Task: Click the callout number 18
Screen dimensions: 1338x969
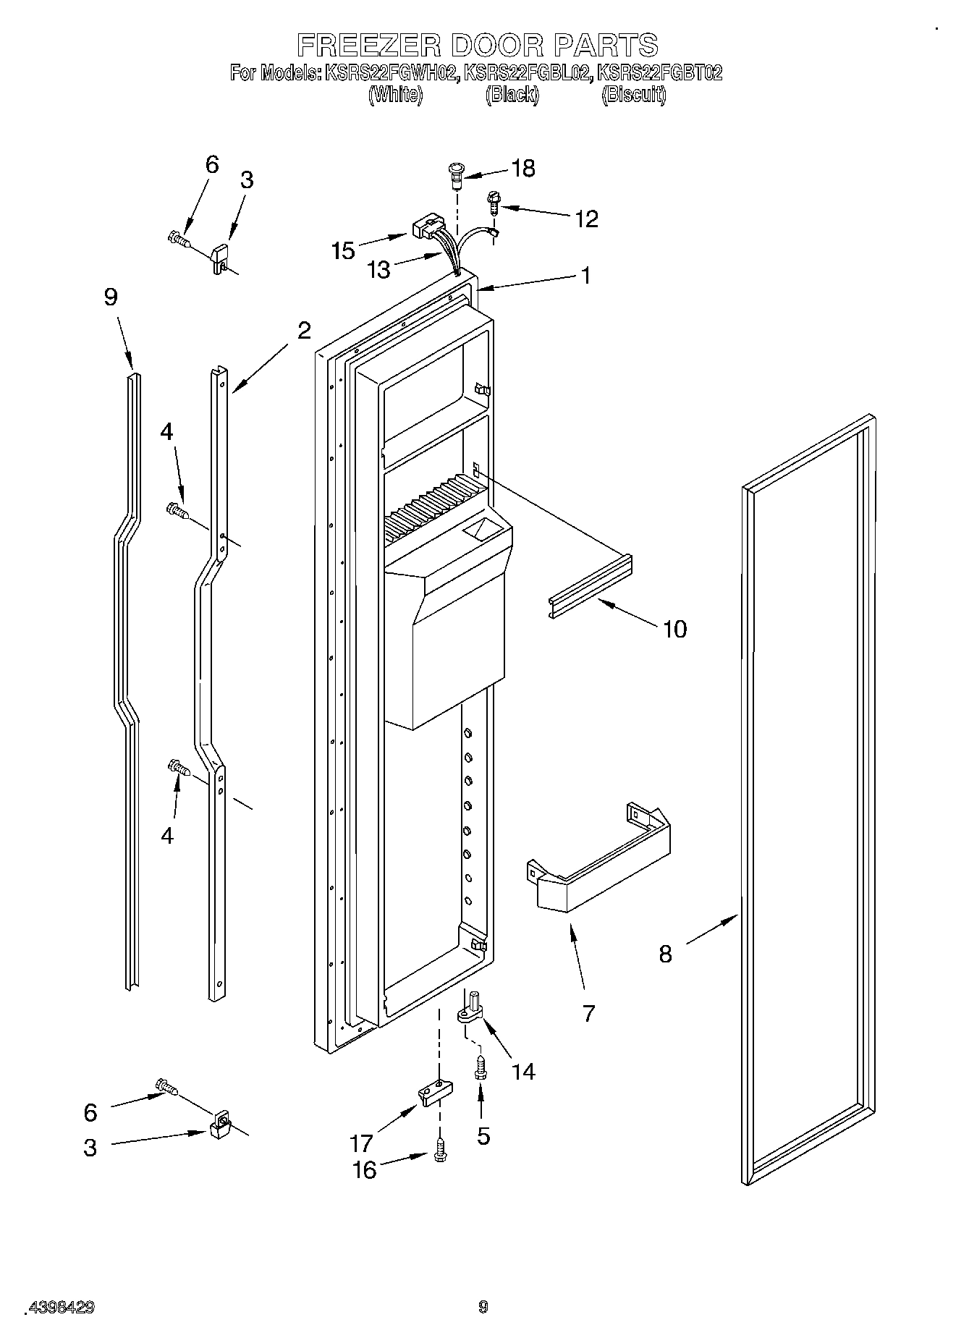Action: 522,169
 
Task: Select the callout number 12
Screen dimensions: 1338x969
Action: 586,219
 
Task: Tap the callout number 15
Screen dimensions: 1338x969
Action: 343,250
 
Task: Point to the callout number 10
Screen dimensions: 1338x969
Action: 674,629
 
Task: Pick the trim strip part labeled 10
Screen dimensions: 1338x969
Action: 590,585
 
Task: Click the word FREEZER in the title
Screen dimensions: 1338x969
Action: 368,45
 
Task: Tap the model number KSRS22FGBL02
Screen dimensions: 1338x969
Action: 527,73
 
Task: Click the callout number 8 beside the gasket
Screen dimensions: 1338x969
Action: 665,954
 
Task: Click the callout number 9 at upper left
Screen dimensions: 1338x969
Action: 111,297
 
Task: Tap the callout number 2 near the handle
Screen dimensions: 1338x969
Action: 304,330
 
